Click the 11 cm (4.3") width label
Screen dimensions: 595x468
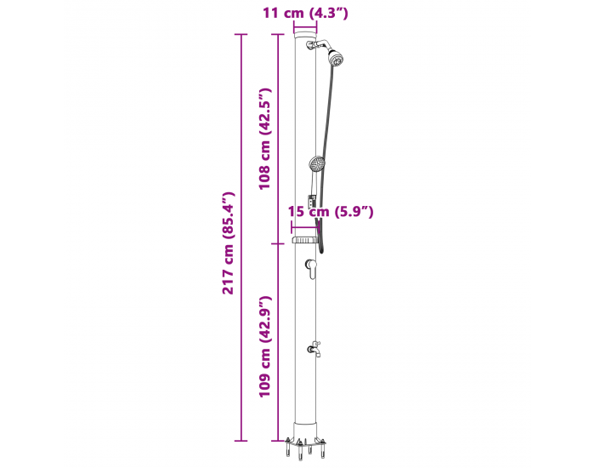click(305, 13)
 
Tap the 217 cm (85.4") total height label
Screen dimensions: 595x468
click(229, 243)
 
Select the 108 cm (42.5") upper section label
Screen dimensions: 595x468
click(264, 139)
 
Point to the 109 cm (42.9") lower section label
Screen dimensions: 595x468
click(264, 346)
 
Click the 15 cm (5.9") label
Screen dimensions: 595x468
click(331, 211)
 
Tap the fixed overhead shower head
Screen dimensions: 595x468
click(336, 58)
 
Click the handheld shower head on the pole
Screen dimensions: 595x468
click(316, 164)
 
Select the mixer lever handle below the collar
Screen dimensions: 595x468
click(312, 269)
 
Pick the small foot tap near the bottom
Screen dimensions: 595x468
click(314, 349)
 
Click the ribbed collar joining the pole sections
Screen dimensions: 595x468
click(304, 240)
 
